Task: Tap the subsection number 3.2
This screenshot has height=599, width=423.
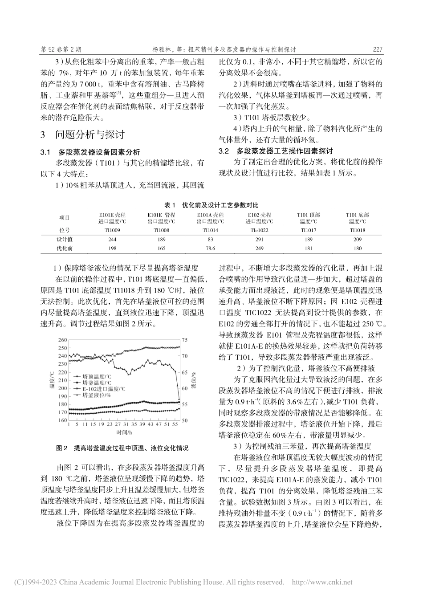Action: [x=224, y=151]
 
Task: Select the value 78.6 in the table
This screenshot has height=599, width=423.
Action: [x=209, y=248]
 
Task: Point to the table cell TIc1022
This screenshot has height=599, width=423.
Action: [x=260, y=230]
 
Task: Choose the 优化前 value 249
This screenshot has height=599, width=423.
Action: [x=259, y=248]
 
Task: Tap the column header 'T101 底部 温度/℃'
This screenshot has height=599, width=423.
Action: [x=357, y=218]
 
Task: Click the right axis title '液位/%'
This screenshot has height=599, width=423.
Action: [x=194, y=379]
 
